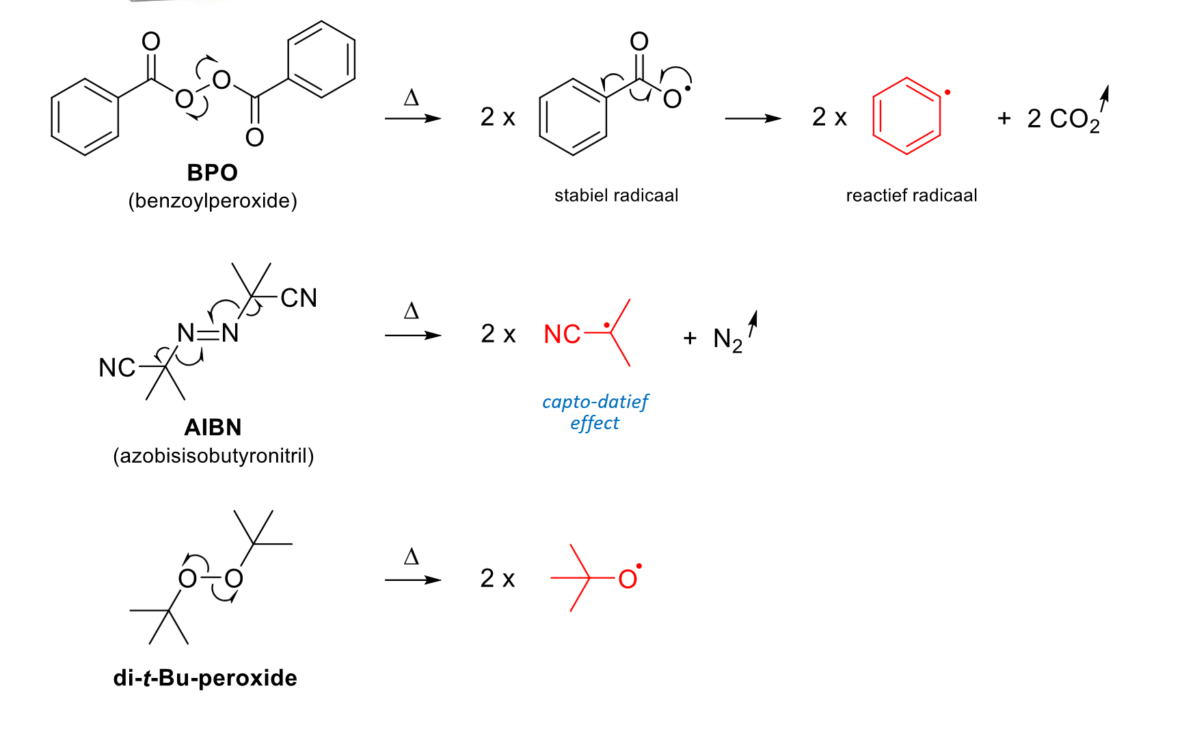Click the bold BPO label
(x=212, y=172)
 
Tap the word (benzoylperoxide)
(x=213, y=201)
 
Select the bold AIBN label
(x=213, y=427)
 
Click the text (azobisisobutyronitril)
(x=213, y=456)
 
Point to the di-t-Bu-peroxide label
(x=205, y=678)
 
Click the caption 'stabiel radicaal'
(x=616, y=195)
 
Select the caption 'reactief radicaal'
(x=911, y=195)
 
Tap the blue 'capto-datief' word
(x=595, y=401)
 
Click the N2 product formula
(x=727, y=340)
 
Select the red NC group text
(x=562, y=334)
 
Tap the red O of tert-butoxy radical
(x=628, y=580)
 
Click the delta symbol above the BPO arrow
(x=412, y=98)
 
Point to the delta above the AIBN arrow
(x=412, y=311)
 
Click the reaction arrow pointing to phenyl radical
(x=753, y=118)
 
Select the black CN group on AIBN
(x=299, y=298)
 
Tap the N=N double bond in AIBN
(x=209, y=334)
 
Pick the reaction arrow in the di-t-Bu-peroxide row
(x=413, y=580)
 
